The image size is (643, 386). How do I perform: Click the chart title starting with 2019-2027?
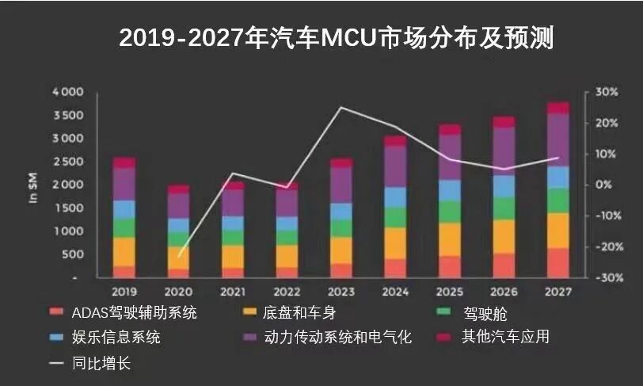[336, 36]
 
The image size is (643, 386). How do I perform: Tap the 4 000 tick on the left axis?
[67, 92]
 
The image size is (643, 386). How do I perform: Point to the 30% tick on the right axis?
[607, 92]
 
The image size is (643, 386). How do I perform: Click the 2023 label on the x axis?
[341, 292]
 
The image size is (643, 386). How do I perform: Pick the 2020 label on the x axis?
[178, 292]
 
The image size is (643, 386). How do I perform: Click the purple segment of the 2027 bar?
[558, 139]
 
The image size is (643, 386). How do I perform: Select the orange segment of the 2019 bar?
[124, 251]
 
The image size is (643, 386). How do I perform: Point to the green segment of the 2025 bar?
[450, 212]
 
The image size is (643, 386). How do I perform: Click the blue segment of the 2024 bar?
[395, 197]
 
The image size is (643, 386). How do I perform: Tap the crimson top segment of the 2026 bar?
[504, 122]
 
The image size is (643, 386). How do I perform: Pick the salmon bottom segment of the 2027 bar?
[558, 262]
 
